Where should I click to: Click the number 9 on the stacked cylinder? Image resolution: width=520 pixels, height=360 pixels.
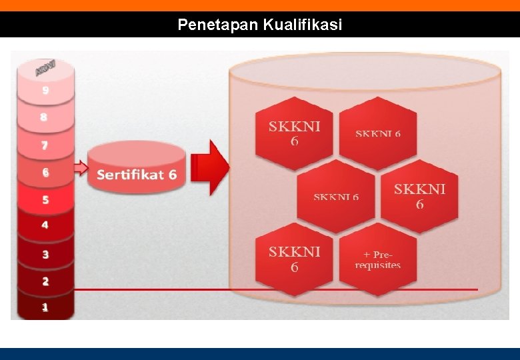click(x=45, y=91)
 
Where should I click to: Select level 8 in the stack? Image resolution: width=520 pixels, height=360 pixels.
click(x=44, y=117)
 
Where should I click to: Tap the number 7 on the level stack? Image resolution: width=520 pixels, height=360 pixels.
click(x=45, y=145)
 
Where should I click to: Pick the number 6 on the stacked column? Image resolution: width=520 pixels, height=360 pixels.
click(x=45, y=173)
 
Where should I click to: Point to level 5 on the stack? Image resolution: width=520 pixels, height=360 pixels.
click(x=45, y=199)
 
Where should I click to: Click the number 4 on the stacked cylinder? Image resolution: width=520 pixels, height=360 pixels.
click(x=45, y=225)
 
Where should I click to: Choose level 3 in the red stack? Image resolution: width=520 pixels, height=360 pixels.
click(x=45, y=254)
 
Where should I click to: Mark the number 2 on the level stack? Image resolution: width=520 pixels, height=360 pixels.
click(x=45, y=281)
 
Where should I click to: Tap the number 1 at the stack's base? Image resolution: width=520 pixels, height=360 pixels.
click(x=45, y=308)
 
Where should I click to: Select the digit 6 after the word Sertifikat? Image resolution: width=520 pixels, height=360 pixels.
click(x=173, y=175)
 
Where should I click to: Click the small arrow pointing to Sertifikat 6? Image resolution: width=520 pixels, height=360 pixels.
click(x=80, y=168)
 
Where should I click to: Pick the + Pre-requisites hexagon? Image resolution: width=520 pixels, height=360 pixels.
click(x=378, y=259)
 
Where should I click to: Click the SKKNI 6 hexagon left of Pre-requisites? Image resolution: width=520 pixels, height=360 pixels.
click(x=294, y=259)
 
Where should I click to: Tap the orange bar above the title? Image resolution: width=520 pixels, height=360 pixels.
click(x=260, y=5)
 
